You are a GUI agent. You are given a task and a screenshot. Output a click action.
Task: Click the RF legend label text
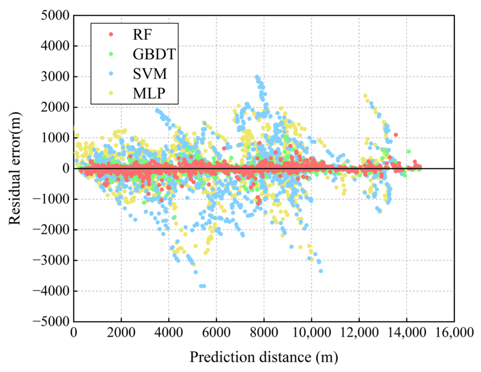[x=142, y=34]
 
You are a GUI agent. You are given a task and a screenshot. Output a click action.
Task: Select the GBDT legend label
[x=154, y=54]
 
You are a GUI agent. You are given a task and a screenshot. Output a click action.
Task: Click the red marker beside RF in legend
[x=111, y=34]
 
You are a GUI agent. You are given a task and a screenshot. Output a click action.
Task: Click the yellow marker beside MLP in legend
[x=111, y=93]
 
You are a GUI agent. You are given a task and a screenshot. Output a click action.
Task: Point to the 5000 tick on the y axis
[x=55, y=16]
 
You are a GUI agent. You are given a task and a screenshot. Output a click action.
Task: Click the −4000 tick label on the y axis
[x=51, y=291]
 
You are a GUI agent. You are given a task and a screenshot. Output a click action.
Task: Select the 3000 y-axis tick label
[x=55, y=77]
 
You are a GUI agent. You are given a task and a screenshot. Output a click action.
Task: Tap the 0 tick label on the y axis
[x=66, y=169]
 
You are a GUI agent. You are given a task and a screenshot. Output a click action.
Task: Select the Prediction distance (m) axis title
[x=264, y=357]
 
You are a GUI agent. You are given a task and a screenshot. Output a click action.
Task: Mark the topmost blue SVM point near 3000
[x=257, y=77]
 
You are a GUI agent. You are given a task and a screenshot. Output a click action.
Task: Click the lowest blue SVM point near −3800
[x=204, y=286]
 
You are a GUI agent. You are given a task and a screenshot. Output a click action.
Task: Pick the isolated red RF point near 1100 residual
[x=396, y=135]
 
